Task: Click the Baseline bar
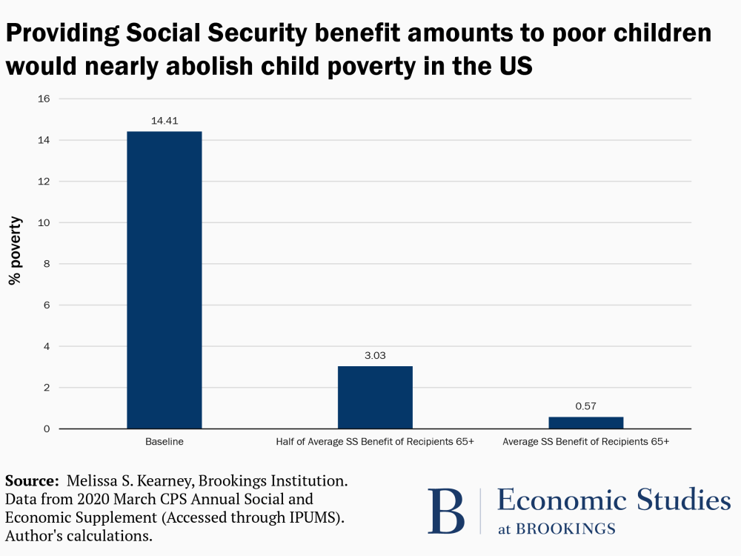tap(164, 280)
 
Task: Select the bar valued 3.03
tap(375, 397)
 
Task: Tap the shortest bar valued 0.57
tap(585, 423)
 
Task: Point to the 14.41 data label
tap(164, 119)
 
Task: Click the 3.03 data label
tap(375, 355)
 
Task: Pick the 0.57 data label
tap(585, 406)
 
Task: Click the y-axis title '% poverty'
tap(15, 251)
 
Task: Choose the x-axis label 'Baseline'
tap(164, 442)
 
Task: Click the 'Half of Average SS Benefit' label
tap(375, 442)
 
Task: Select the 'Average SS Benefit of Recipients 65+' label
tap(585, 442)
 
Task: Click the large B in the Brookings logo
tap(446, 511)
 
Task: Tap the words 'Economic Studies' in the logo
tap(614, 500)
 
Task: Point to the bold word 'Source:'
tap(32, 480)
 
